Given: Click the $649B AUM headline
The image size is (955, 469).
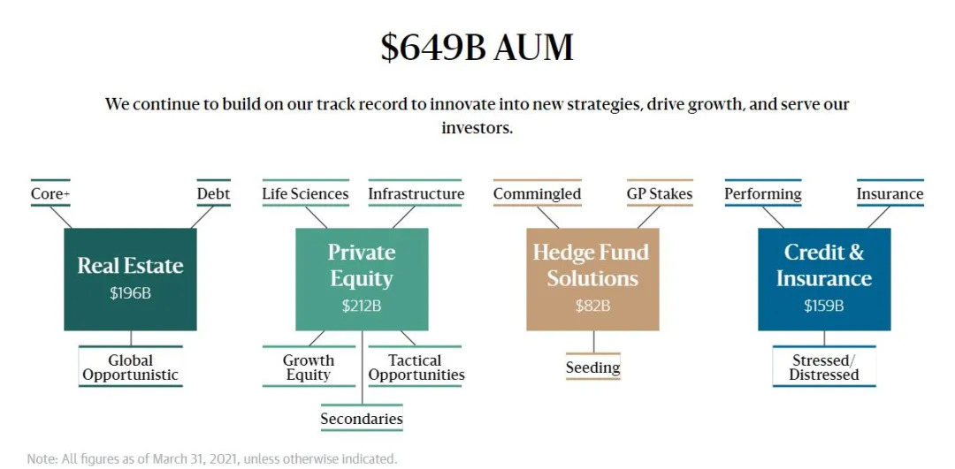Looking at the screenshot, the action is point(477,48).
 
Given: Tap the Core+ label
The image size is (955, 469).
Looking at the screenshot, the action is point(50,194).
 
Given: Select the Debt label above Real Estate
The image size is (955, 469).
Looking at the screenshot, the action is point(214,194).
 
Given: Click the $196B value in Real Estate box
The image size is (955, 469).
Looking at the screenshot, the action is point(130,293).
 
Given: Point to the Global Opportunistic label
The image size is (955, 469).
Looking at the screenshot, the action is point(130,367).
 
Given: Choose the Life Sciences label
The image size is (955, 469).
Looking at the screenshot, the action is point(305,194).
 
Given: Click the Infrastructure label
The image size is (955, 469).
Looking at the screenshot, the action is point(416,194).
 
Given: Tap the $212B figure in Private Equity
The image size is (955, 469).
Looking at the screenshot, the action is point(361,306).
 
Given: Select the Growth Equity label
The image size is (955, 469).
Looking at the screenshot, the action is point(309,367).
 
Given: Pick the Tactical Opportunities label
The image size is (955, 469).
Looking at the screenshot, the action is point(416,367).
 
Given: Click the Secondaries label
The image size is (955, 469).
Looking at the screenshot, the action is point(362,419).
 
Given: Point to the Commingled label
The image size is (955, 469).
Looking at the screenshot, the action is point(538,194).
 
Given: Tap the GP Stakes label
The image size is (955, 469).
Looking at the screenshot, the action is point(660,194).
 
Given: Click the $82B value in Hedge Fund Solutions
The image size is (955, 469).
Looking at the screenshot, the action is point(592,306).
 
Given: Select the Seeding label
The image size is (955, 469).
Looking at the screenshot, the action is point(592,367).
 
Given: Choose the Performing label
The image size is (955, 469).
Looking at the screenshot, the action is point(762,194).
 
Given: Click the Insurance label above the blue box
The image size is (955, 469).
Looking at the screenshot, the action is point(890,194).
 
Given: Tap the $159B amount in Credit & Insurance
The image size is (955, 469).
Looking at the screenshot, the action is point(824,306).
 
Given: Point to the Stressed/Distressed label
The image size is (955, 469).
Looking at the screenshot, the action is point(824,367).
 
